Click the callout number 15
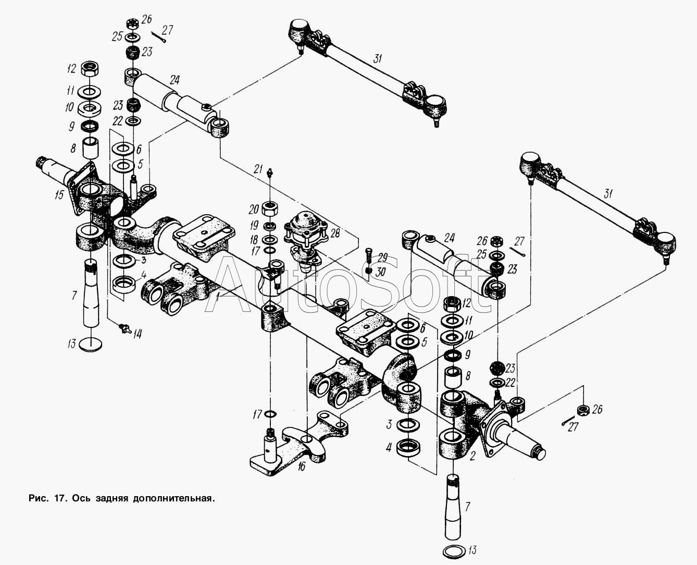click(59, 195)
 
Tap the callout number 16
click(301, 466)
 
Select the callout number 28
click(335, 233)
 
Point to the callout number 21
click(258, 169)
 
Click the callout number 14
click(137, 334)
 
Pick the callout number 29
click(382, 257)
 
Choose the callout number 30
click(380, 272)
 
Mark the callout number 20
click(254, 210)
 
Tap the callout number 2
click(472, 456)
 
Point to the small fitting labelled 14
click(123, 328)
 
